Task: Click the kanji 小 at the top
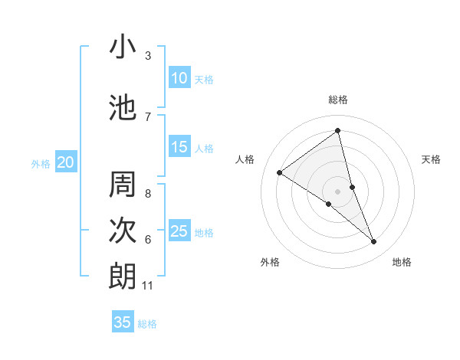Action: pos(123,48)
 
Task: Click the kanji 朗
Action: pos(123,277)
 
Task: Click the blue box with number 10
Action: pos(179,78)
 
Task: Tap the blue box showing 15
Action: pos(179,147)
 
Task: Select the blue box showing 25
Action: pos(179,231)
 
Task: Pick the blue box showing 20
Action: pos(66,162)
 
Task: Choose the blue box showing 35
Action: pos(123,322)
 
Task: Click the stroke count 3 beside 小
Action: pos(148,56)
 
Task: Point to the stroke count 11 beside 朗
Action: pos(148,286)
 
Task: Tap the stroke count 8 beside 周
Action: pos(148,194)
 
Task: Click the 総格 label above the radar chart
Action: pos(338,100)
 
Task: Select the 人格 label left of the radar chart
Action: pos(245,159)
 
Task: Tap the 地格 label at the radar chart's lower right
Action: pos(402,262)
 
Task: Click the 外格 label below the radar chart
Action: pos(270,262)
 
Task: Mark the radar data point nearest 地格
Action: pos(374,242)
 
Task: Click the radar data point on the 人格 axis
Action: pos(279,172)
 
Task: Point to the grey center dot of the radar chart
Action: pos(338,191)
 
